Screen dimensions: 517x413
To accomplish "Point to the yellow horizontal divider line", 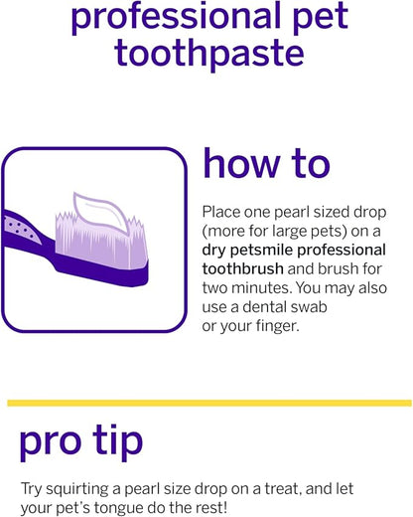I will click(208, 403).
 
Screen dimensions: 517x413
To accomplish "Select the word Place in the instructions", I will click(221, 212).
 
